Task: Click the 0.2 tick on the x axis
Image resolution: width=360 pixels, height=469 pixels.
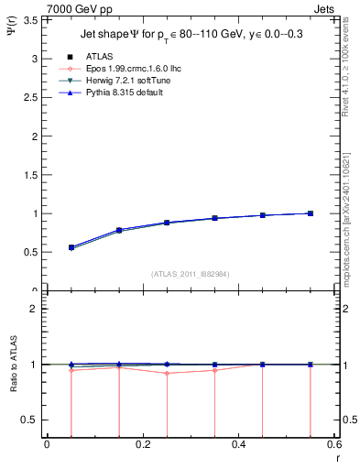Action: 142,444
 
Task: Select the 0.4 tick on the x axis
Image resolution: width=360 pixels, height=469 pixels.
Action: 238,444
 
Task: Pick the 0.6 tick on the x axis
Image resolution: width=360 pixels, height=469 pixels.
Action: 333,444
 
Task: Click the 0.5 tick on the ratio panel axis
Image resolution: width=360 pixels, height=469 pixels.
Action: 33,420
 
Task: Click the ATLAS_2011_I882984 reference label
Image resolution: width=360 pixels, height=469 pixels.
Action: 191,274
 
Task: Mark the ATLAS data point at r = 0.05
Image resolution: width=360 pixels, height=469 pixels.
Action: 71,247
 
